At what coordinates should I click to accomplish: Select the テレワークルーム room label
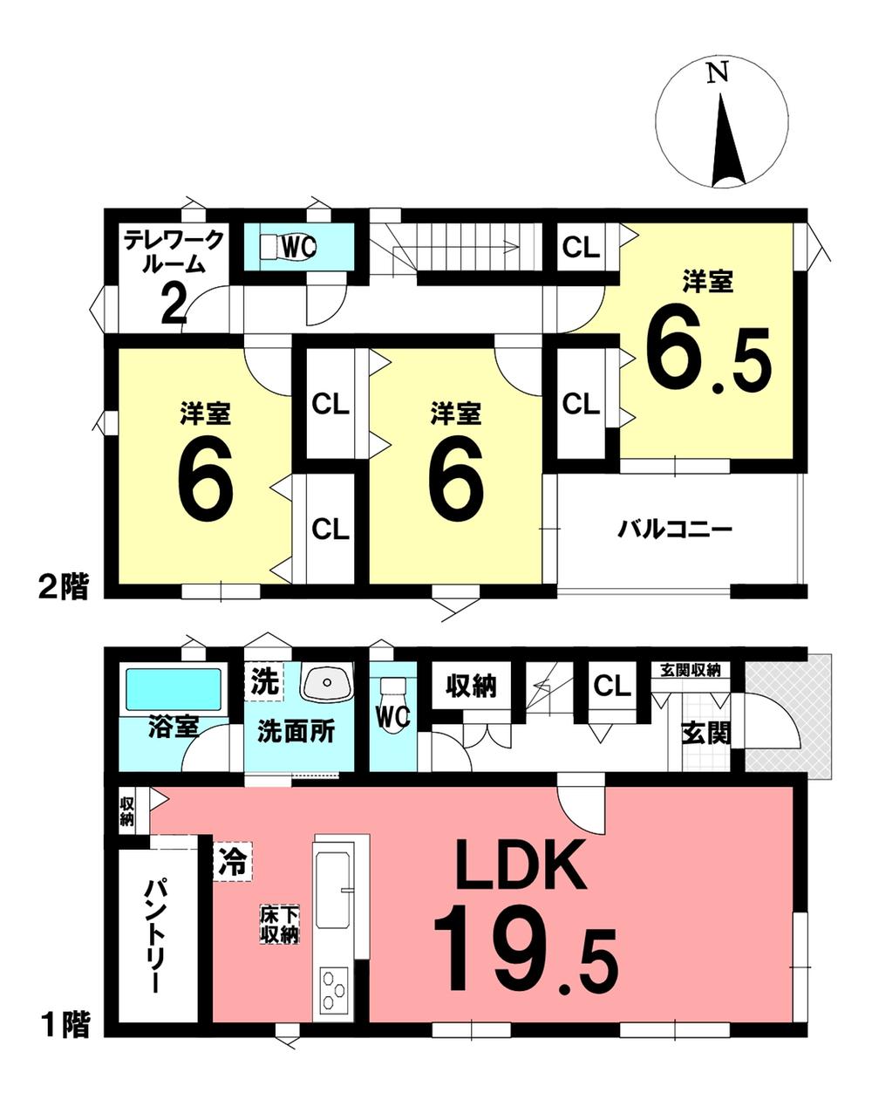click(x=174, y=251)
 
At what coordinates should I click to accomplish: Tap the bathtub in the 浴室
click(x=174, y=690)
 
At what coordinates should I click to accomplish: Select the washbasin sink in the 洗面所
click(x=327, y=683)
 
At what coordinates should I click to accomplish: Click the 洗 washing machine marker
click(x=265, y=681)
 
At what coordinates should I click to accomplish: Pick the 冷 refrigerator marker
click(x=233, y=861)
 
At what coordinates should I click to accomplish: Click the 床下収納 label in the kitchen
click(x=279, y=926)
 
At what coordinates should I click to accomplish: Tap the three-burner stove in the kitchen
click(x=333, y=995)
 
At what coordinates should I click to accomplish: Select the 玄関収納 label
click(x=691, y=670)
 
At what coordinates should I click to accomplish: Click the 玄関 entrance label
click(x=707, y=734)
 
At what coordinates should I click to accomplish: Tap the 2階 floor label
click(x=65, y=586)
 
